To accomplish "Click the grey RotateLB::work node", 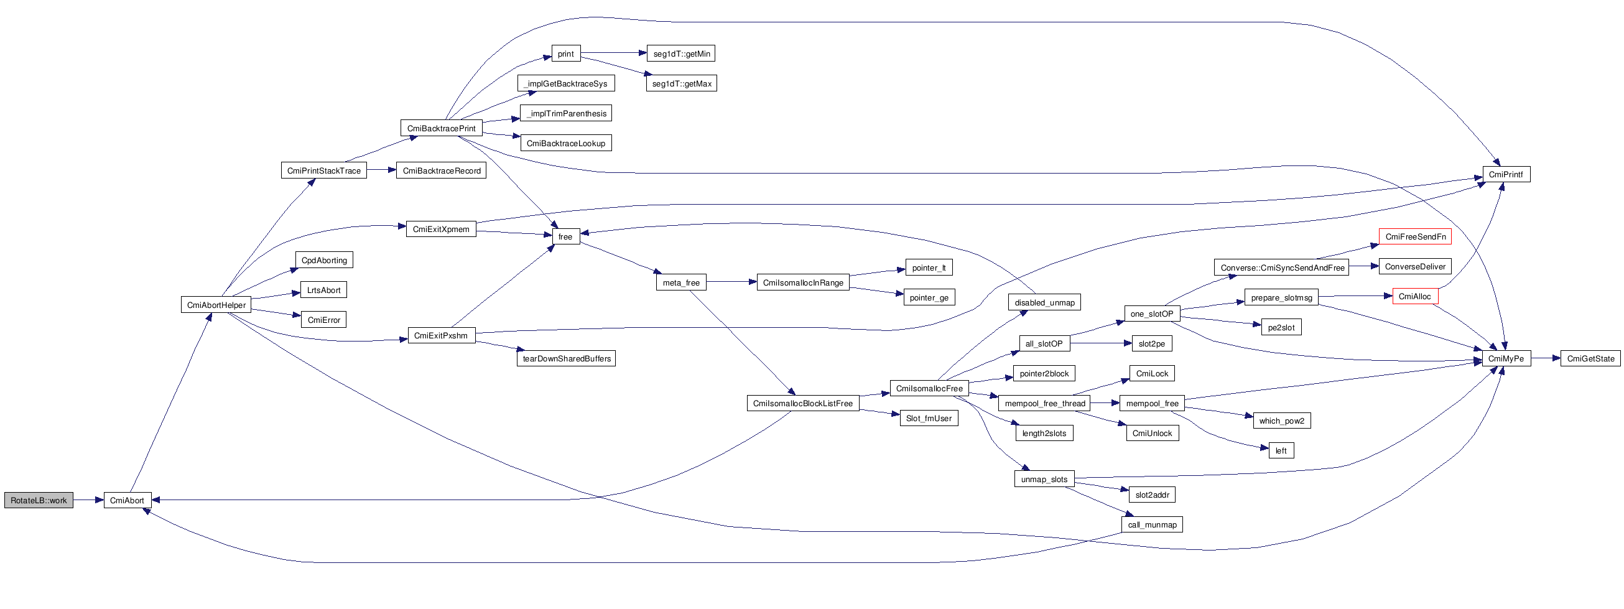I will [x=39, y=501].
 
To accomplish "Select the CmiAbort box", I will [x=128, y=501].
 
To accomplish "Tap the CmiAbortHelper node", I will [x=216, y=305].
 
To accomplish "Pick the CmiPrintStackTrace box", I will [x=323, y=171].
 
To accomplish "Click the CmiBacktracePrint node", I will [x=442, y=129].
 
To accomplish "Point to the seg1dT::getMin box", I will [x=681, y=54].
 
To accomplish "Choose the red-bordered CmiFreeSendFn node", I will [x=1414, y=237].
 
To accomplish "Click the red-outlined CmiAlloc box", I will [x=1414, y=296].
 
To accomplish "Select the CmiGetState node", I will [x=1590, y=359].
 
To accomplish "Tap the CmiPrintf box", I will [x=1505, y=175].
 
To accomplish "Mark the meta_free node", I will [x=681, y=283].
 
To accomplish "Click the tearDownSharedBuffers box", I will [x=566, y=359].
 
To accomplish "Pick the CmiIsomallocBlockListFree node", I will [x=802, y=404].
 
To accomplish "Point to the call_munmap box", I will [x=1152, y=525].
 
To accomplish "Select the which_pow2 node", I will [x=1282, y=421].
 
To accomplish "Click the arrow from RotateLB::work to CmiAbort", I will [x=88, y=501].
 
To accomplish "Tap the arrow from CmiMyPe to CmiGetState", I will [x=1545, y=359].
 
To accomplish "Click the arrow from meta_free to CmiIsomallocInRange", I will [x=731, y=282].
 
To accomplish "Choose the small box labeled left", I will [x=1281, y=451].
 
